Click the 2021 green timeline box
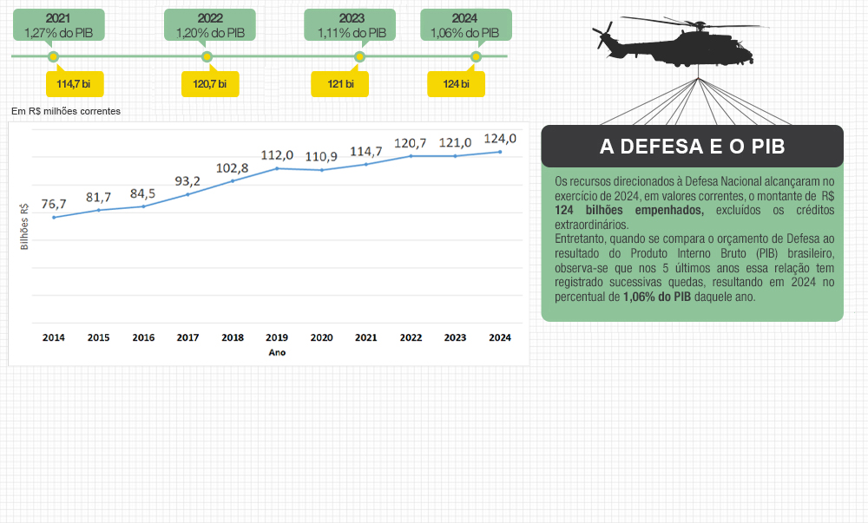click(x=59, y=24)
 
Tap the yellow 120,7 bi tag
click(x=209, y=84)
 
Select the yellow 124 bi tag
click(x=456, y=84)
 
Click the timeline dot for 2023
click(x=359, y=56)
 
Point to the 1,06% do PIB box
click(x=464, y=24)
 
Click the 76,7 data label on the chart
click(x=54, y=204)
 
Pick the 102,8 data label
click(x=233, y=167)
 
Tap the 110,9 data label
click(x=321, y=157)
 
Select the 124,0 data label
click(x=500, y=139)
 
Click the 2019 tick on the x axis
click(x=277, y=337)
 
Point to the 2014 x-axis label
click(x=54, y=337)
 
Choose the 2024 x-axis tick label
click(x=499, y=337)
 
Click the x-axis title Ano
click(x=277, y=352)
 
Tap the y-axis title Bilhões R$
click(x=24, y=227)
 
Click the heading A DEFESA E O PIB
click(x=692, y=147)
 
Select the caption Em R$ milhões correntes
click(x=66, y=111)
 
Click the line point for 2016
click(x=143, y=206)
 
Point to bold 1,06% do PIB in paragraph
click(x=656, y=296)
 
